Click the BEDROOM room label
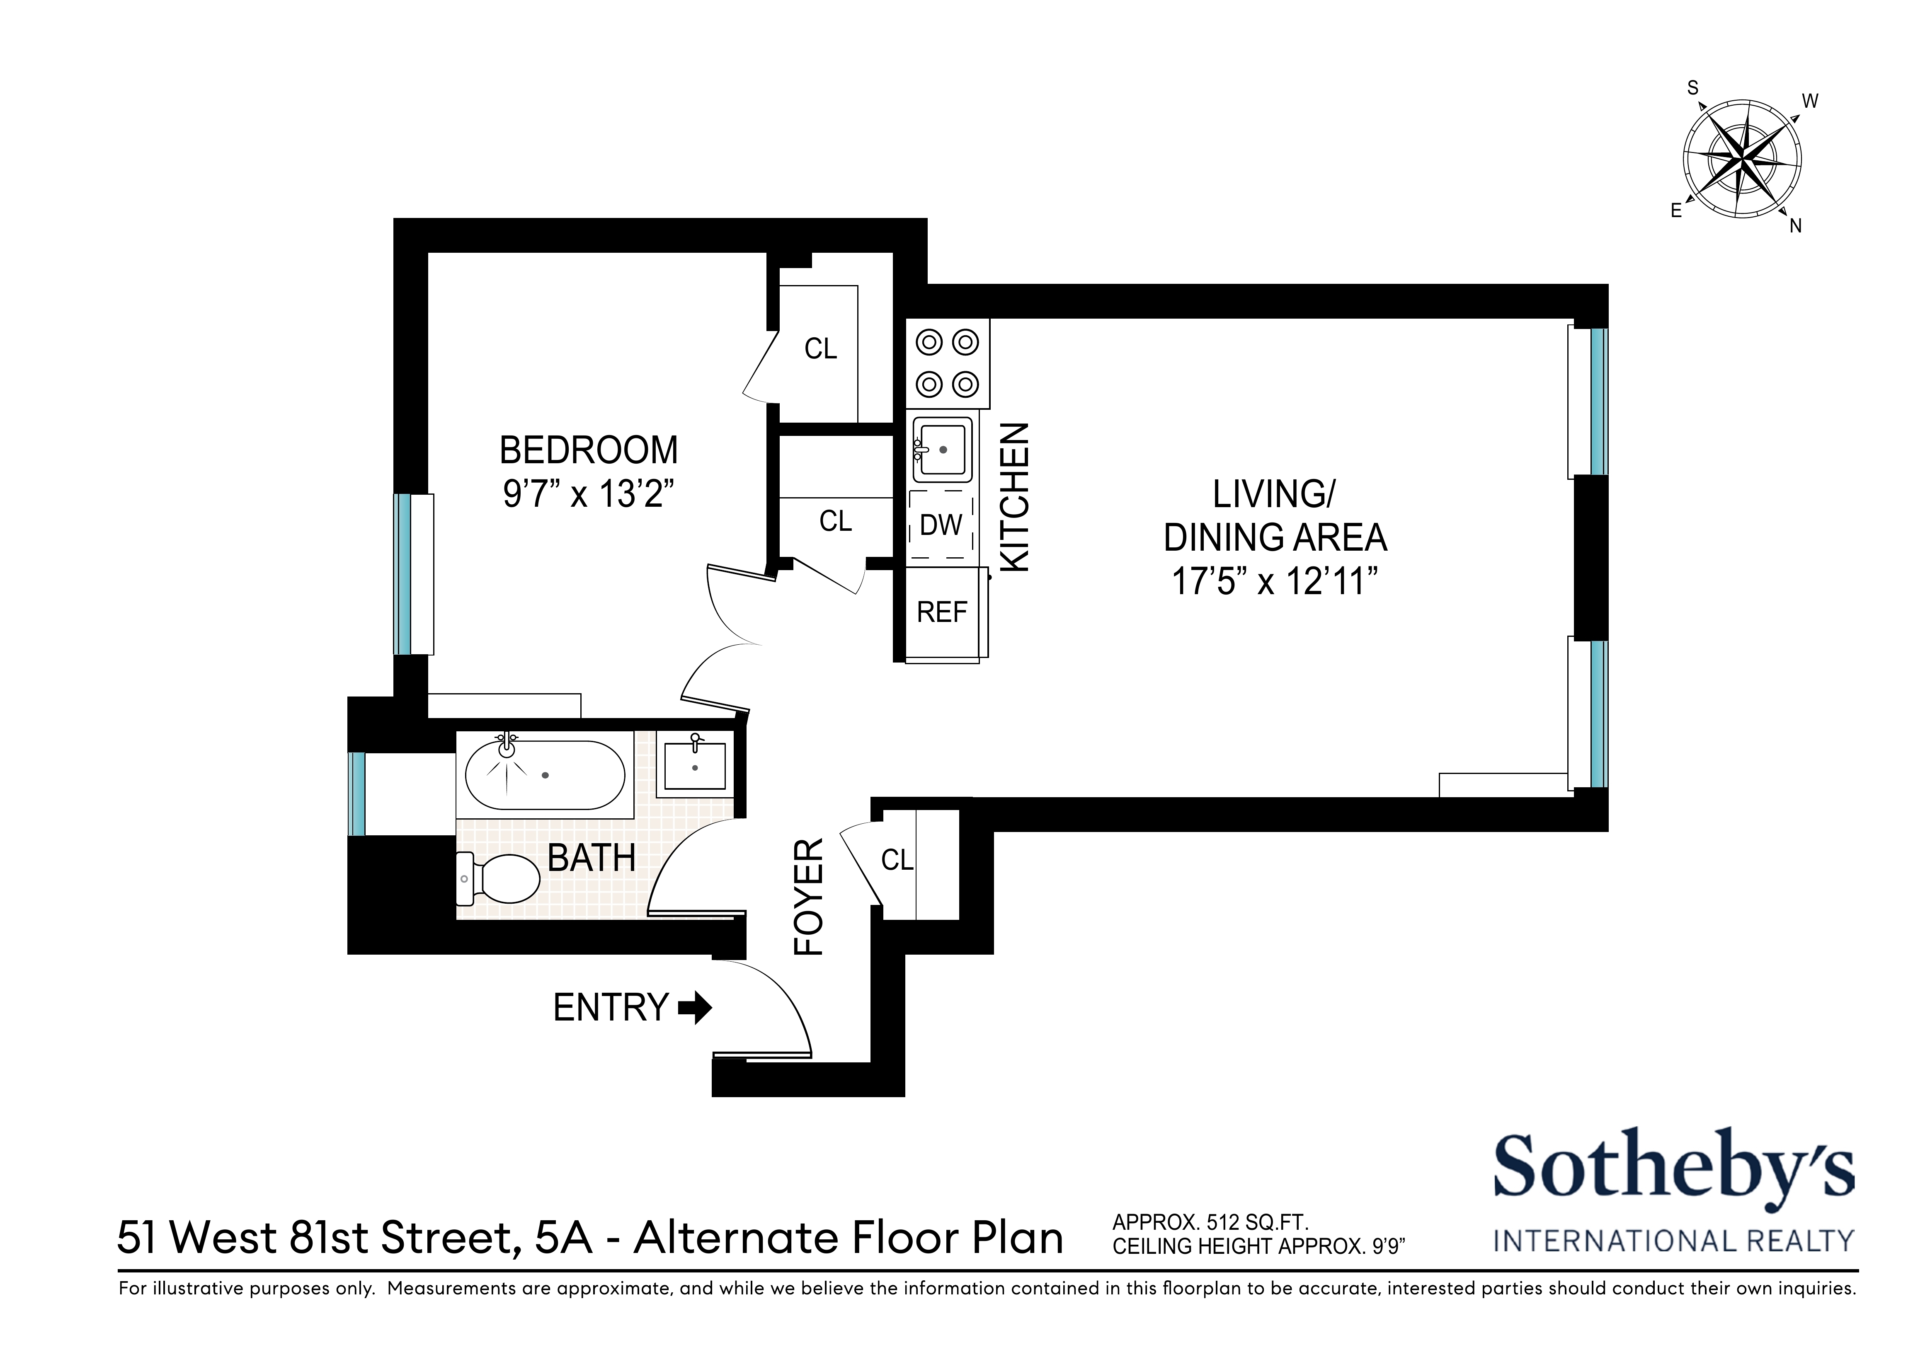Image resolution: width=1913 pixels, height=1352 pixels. pos(588,451)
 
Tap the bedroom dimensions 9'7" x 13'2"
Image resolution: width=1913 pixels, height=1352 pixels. pos(588,494)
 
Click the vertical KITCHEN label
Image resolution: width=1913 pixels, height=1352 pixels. pos(1015,497)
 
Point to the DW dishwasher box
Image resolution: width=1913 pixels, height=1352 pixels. pos(941,525)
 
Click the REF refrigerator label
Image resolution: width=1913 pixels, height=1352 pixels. pos(941,612)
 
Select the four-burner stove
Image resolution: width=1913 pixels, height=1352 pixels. pos(947,363)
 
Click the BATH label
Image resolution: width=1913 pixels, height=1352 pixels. pos(592,858)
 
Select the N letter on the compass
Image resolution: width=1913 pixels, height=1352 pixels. pos(1796,226)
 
